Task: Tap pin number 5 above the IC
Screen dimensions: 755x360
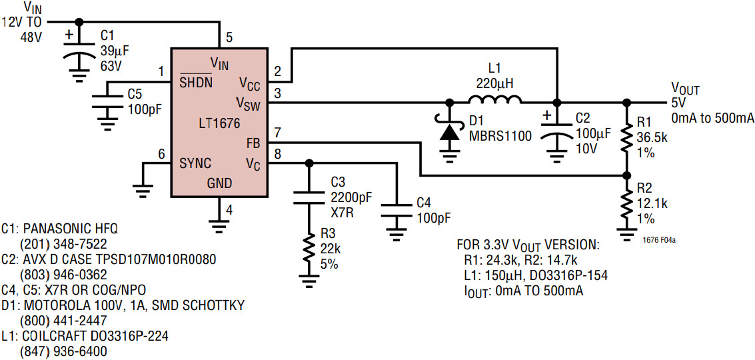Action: click(229, 37)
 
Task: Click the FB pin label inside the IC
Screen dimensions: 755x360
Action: click(253, 143)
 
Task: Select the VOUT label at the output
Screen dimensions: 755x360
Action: click(685, 89)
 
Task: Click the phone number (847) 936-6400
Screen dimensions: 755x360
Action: click(63, 351)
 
